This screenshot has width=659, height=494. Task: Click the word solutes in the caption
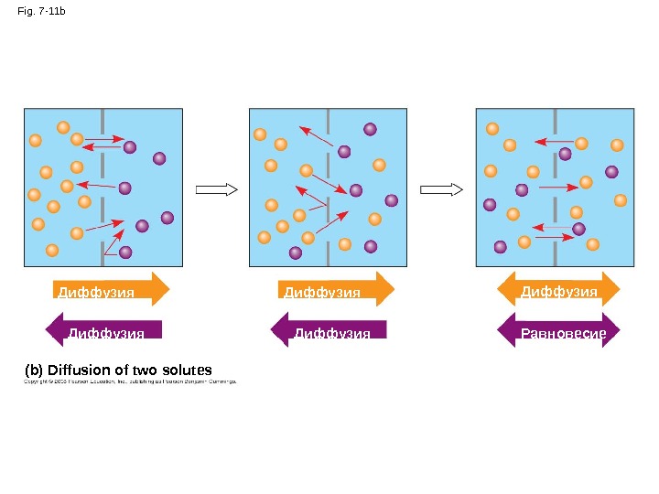(187, 370)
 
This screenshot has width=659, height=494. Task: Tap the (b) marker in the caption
(33, 370)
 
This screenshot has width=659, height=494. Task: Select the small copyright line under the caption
(129, 382)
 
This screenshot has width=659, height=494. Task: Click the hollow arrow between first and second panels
(217, 189)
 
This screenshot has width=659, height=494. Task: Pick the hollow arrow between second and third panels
(441, 189)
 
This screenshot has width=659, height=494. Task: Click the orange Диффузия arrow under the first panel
(111, 289)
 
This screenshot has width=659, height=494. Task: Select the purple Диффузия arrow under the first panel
(103, 330)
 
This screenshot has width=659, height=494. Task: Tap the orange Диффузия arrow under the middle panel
(335, 289)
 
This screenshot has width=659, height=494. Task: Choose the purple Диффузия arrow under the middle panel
(328, 330)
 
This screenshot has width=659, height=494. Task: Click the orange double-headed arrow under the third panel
(558, 289)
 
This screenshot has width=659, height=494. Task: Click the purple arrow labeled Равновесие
(558, 330)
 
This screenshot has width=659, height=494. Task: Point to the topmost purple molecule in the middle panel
(370, 130)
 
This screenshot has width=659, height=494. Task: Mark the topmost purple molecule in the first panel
(130, 146)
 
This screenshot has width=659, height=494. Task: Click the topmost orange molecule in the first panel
(63, 127)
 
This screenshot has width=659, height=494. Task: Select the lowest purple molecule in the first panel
(125, 252)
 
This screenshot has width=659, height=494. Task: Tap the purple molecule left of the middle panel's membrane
(296, 252)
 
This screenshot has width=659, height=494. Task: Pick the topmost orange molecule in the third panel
(492, 129)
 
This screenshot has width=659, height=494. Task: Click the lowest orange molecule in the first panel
(52, 250)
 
